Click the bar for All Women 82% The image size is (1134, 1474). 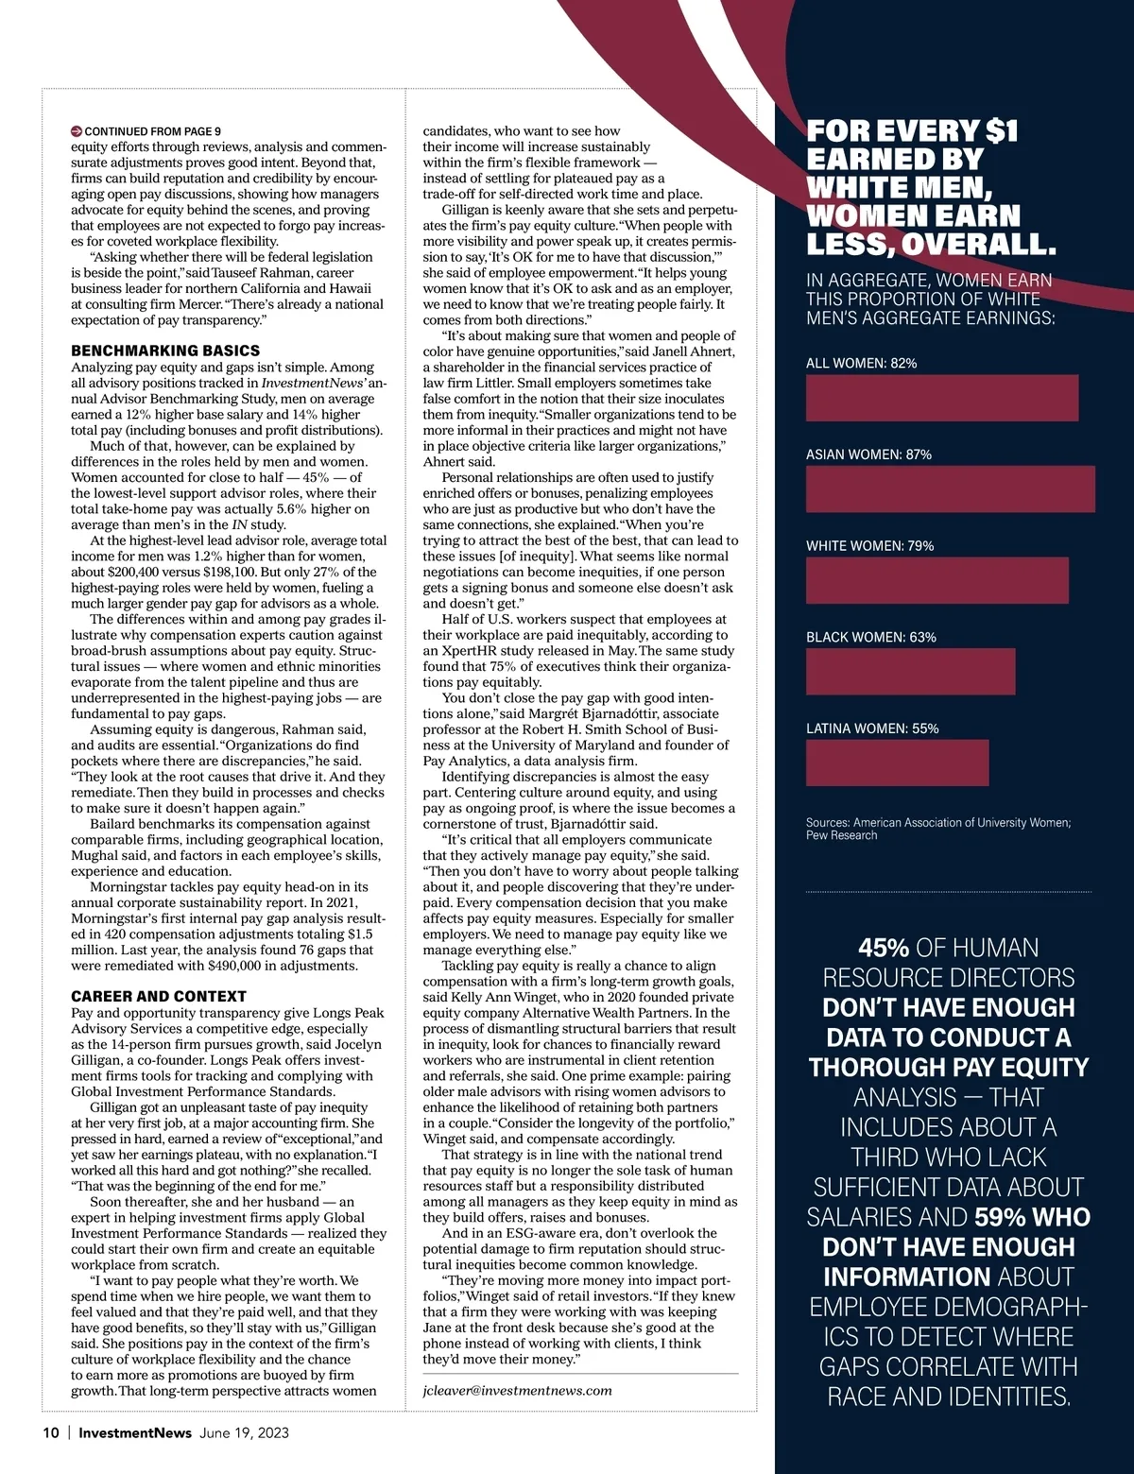pyautogui.click(x=941, y=398)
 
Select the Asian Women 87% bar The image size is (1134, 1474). pyautogui.click(x=950, y=488)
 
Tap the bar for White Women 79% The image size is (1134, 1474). pyautogui.click(x=936, y=580)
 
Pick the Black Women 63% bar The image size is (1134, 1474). pyautogui.click(x=910, y=672)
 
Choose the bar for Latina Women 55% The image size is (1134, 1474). pyautogui.click(x=897, y=763)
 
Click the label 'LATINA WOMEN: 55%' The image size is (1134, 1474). pyautogui.click(x=872, y=728)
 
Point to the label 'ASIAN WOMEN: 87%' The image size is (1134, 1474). pyautogui.click(x=868, y=454)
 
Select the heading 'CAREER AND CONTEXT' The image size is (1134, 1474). pyautogui.click(x=158, y=996)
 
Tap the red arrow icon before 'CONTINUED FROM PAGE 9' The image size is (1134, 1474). pyautogui.click(x=77, y=131)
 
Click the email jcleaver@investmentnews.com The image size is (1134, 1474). pyautogui.click(x=517, y=1390)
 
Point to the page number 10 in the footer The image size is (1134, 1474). pyautogui.click(x=51, y=1432)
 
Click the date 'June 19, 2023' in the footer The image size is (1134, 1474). pyautogui.click(x=244, y=1432)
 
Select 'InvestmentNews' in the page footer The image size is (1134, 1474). pyautogui.click(x=135, y=1432)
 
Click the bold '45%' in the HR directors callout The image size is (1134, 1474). pyautogui.click(x=884, y=948)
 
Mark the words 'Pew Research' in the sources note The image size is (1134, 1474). pyautogui.click(x=841, y=835)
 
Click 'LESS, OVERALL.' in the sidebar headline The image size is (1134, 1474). pyautogui.click(x=930, y=244)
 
